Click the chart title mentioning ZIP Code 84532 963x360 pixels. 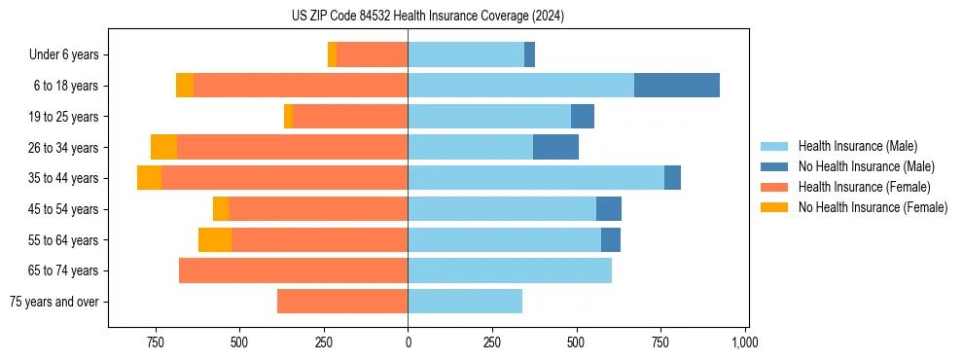(427, 17)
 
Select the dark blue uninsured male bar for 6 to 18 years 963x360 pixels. (676, 86)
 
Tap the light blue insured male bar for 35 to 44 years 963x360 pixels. (535, 178)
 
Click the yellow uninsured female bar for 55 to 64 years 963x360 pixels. (215, 239)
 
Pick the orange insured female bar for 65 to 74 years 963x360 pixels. (293, 270)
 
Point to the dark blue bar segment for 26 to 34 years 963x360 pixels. (555, 147)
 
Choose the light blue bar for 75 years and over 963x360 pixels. (465, 302)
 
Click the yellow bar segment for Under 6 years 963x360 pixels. (333, 54)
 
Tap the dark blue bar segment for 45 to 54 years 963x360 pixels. (609, 209)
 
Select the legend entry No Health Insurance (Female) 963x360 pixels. (873, 207)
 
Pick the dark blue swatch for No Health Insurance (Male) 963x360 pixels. (775, 166)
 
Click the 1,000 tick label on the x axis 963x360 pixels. (745, 342)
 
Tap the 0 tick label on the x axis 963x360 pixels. (408, 342)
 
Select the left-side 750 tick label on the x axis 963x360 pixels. (155, 342)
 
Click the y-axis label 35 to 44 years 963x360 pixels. (63, 178)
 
